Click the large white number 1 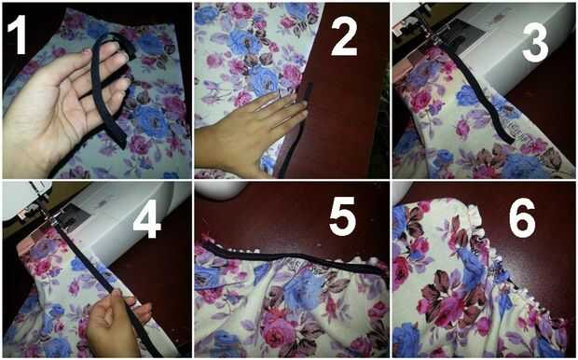tap(17, 35)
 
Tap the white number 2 tap(344, 37)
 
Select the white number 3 tap(535, 42)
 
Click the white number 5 tap(343, 216)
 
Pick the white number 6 tap(522, 218)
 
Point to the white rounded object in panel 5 tap(220, 189)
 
